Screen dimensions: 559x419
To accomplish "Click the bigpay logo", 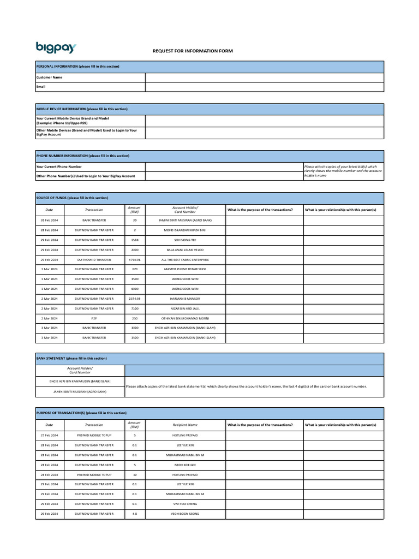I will (x=56, y=47).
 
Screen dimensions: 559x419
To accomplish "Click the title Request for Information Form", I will (x=192, y=51).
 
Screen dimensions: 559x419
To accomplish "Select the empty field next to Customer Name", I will (x=264, y=78).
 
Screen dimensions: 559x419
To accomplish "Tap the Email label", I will (x=41, y=87).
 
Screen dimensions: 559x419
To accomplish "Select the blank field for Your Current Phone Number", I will (x=224, y=166).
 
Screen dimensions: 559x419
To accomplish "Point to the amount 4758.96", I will (x=134, y=259).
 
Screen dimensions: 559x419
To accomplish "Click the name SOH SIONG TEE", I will (x=185, y=240).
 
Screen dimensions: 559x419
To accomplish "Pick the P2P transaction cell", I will (x=94, y=318).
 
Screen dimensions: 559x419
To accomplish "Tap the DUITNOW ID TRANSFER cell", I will (x=94, y=259).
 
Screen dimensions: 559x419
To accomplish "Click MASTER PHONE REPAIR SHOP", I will (x=185, y=269).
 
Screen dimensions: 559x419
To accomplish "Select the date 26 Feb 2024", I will (x=50, y=220).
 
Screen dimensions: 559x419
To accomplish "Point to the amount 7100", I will (x=134, y=308).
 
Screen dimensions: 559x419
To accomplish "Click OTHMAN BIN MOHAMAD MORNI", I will (x=185, y=318).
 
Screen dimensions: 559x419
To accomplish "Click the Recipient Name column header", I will (x=185, y=424).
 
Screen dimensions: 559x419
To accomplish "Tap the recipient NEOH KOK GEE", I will (x=185, y=465).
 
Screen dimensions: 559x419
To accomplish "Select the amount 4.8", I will (x=134, y=514).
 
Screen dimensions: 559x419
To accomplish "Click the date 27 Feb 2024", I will (x=50, y=435).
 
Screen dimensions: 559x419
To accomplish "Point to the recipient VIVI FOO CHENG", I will (x=185, y=504).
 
